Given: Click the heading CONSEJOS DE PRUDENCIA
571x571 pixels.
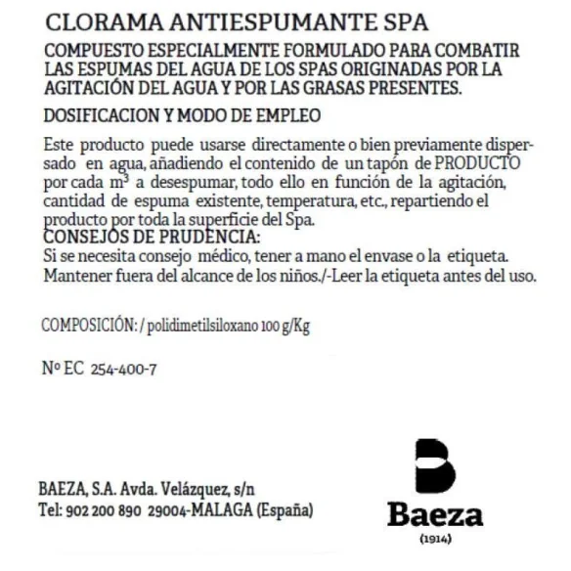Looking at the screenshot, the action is pyautogui.click(x=153, y=238).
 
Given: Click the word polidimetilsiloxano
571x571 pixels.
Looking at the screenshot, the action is pyautogui.click(x=202, y=326).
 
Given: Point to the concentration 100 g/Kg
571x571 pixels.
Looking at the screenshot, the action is pyautogui.click(x=285, y=326).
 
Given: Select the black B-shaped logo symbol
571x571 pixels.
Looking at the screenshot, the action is pyautogui.click(x=435, y=466).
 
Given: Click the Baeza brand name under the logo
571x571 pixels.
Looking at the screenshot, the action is pyautogui.click(x=434, y=516).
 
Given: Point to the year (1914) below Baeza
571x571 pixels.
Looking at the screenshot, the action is pyautogui.click(x=435, y=541).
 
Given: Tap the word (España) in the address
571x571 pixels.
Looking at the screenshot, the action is pyautogui.click(x=285, y=510).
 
